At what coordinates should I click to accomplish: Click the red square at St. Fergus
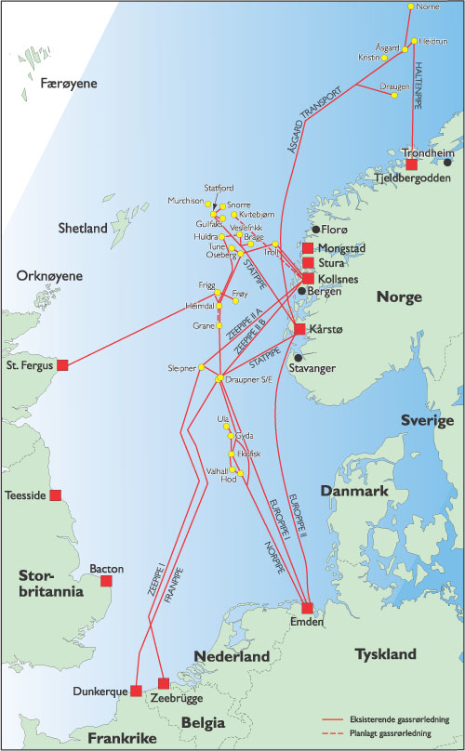[63, 364]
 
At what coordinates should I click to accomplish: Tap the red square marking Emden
[307, 607]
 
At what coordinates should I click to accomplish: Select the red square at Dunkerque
[136, 691]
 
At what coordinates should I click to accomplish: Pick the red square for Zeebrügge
[165, 683]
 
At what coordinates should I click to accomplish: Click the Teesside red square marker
[56, 494]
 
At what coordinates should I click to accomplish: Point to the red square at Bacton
[104, 581]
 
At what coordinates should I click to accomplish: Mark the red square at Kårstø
[299, 328]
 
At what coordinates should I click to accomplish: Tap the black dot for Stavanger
[298, 357]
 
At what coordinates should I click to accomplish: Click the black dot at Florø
[316, 229]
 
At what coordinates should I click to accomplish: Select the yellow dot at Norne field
[410, 7]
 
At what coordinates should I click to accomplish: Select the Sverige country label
[427, 420]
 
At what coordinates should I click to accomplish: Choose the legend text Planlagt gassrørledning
[401, 731]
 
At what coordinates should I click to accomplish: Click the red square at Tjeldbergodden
[411, 164]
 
